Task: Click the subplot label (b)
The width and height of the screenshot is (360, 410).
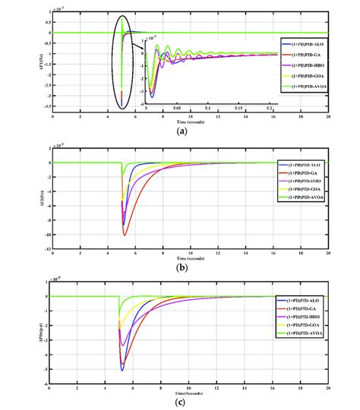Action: tap(181, 267)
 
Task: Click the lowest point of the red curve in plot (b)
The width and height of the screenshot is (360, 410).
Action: tap(125, 235)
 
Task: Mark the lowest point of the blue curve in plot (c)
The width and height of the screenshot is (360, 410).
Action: tap(122, 370)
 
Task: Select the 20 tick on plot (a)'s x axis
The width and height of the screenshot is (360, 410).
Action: tap(329, 118)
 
